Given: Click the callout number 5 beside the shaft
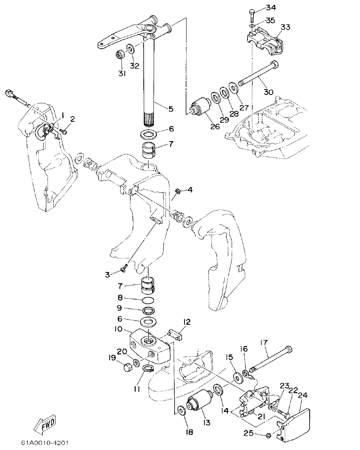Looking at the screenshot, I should [171, 108].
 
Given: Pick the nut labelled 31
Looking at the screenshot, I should [119, 55].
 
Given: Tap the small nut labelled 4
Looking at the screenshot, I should [178, 191].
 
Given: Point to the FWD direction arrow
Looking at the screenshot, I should [44, 423].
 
